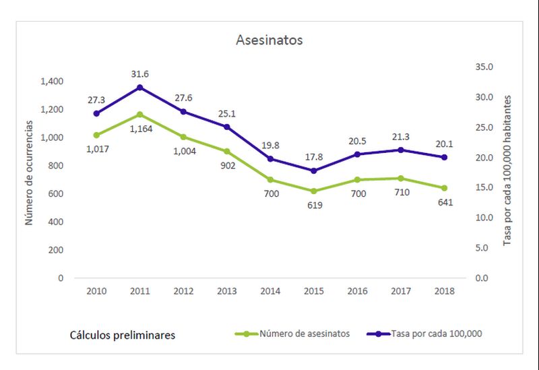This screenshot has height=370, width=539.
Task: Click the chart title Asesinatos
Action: pyautogui.click(x=269, y=40)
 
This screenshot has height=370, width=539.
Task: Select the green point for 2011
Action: pyautogui.click(x=139, y=115)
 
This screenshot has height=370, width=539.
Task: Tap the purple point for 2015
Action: pyautogui.click(x=314, y=171)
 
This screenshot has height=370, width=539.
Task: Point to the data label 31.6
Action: pyautogui.click(x=139, y=74)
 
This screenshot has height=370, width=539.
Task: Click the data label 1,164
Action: pyautogui.click(x=139, y=129)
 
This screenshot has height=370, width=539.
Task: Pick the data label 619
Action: pyautogui.click(x=314, y=205)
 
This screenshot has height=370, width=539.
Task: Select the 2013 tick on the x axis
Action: pyautogui.click(x=226, y=291)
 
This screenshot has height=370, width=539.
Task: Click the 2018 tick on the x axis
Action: pyautogui.click(x=445, y=291)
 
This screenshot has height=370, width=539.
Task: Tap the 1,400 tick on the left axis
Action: pyautogui.click(x=51, y=82)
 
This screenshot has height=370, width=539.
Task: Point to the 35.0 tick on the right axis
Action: pyautogui.click(x=485, y=67)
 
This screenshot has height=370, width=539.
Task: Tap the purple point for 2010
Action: pyautogui.click(x=96, y=113)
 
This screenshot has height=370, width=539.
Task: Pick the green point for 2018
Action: pyautogui.click(x=445, y=188)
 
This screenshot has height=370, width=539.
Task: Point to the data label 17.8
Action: pyautogui.click(x=314, y=156)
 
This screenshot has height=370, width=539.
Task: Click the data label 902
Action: pyautogui.click(x=226, y=166)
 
